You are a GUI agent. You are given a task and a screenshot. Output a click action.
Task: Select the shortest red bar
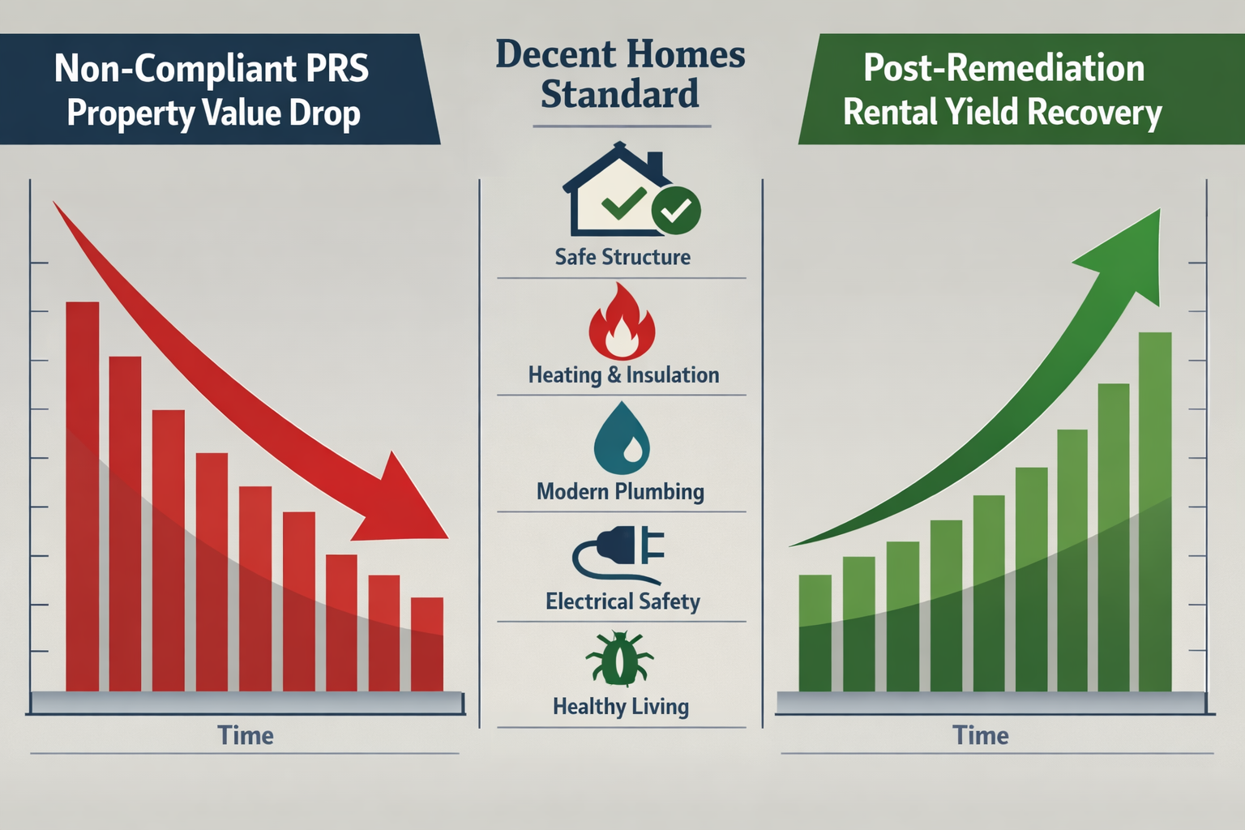pos(427,644)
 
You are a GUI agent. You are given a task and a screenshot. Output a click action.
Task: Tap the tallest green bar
pos(1155,511)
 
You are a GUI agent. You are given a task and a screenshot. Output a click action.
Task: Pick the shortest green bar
pos(815,632)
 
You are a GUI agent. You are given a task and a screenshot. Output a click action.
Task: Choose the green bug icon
pos(619,659)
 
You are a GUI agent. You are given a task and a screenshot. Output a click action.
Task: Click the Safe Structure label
pos(622,257)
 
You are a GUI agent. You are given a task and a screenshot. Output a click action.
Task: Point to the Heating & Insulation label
pos(623,374)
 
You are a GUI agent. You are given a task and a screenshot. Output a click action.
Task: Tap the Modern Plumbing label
pos(620,491)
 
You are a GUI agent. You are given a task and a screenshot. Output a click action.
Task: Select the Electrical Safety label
pos(622,601)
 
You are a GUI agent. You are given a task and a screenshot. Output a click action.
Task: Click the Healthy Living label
pos(621,707)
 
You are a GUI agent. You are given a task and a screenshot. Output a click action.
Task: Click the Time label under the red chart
pos(246,735)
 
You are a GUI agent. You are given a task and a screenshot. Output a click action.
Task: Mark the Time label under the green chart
pos(981,735)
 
